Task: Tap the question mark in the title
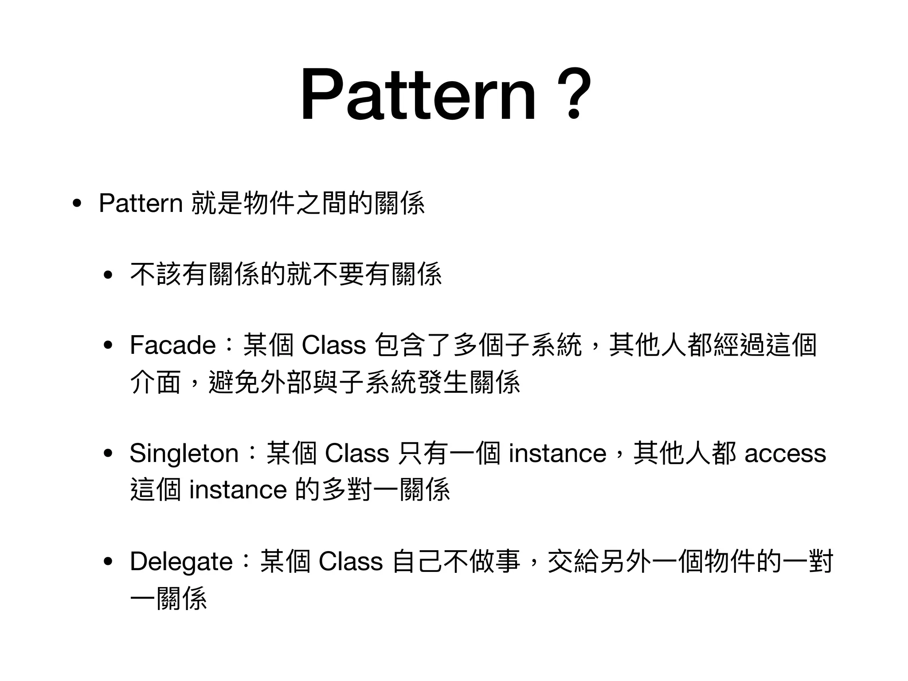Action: click(573, 94)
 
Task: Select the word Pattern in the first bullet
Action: click(141, 204)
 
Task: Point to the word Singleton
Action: click(184, 454)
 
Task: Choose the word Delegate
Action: click(181, 562)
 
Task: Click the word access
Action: click(785, 454)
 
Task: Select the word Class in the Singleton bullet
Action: click(357, 454)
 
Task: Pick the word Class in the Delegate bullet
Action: click(350, 562)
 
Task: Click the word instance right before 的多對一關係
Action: click(238, 490)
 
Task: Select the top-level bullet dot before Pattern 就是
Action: click(77, 204)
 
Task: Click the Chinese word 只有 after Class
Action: click(423, 454)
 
